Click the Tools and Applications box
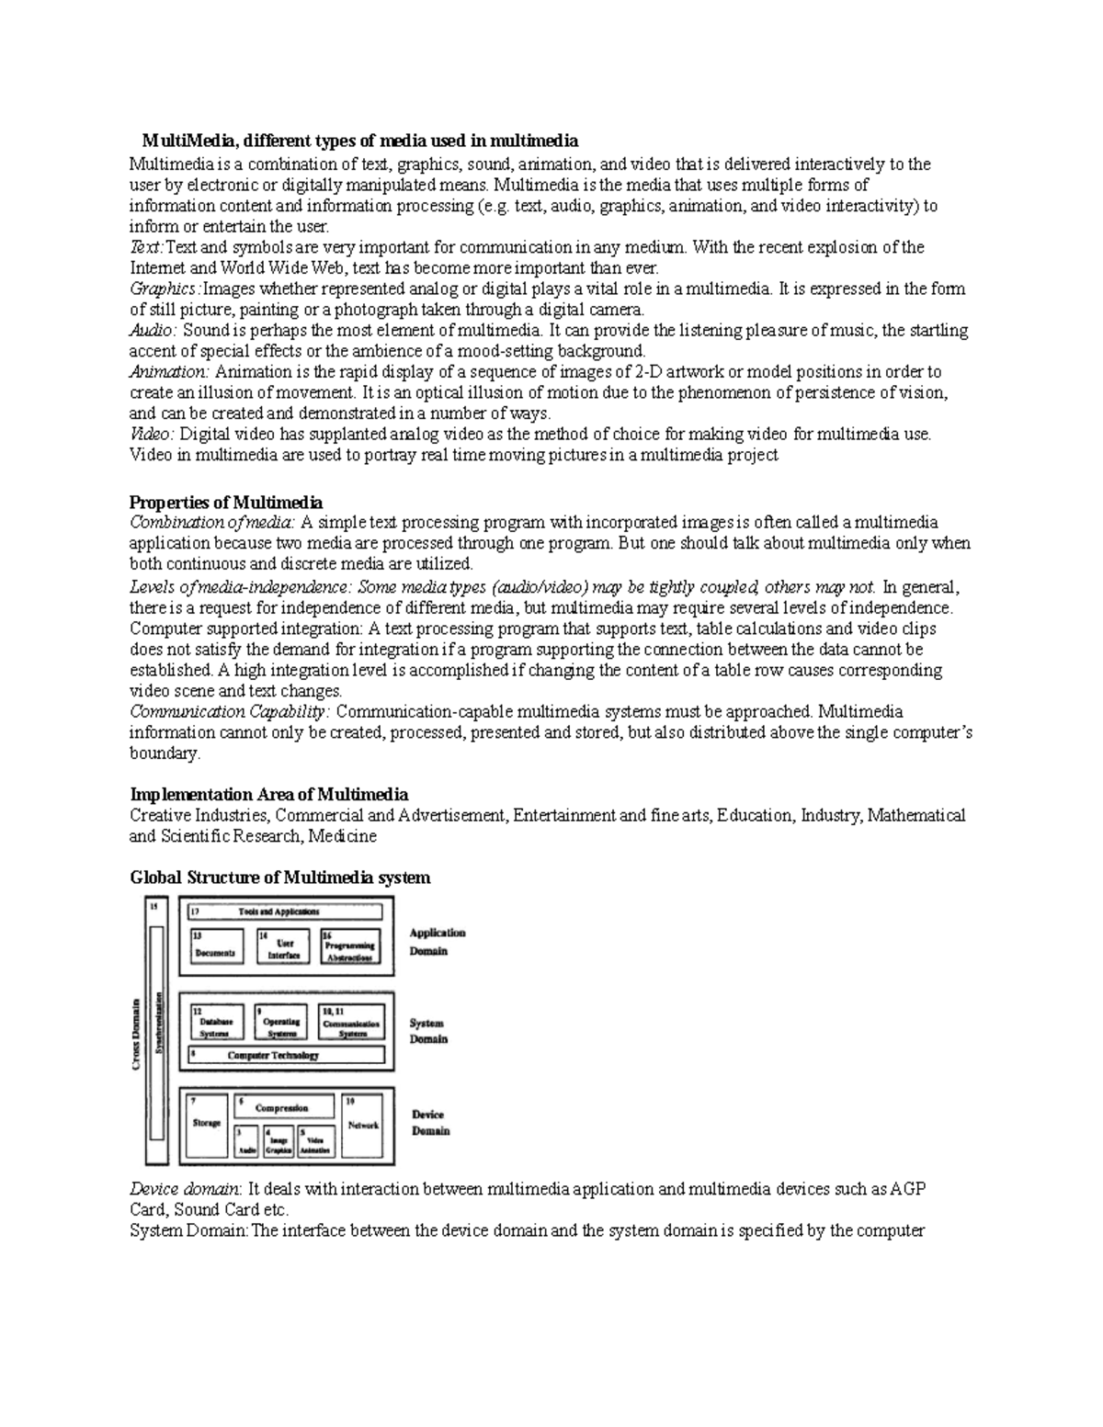point(286,912)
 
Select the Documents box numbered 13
point(215,946)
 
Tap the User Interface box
point(283,946)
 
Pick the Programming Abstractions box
point(350,946)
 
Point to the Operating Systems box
point(281,1022)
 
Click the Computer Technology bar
point(286,1055)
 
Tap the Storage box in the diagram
point(207,1125)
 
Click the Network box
point(362,1125)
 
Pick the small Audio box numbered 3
point(245,1141)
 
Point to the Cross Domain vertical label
point(136,1033)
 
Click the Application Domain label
point(437,942)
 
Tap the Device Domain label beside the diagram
point(430,1123)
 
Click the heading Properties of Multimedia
point(226,503)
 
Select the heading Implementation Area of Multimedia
point(268,794)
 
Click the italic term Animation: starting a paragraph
point(169,372)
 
